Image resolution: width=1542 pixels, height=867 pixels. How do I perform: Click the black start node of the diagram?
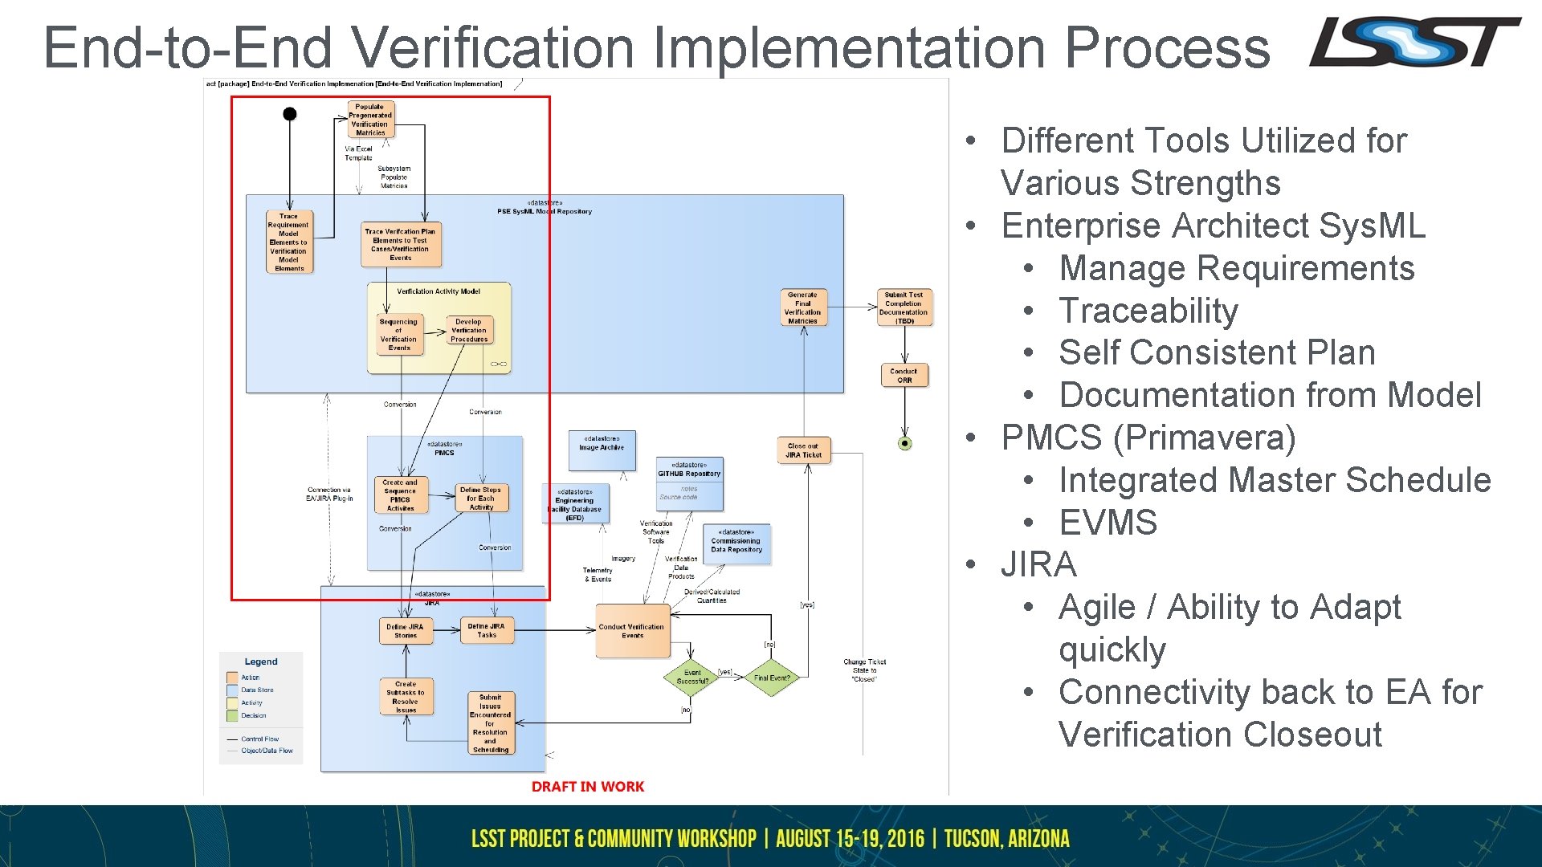[290, 114]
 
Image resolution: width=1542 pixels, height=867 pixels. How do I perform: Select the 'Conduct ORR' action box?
[904, 375]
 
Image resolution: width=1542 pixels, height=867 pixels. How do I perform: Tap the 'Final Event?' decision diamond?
[772, 678]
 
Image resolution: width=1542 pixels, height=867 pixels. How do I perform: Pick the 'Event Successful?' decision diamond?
[692, 678]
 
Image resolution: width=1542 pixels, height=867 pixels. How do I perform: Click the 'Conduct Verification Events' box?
[632, 631]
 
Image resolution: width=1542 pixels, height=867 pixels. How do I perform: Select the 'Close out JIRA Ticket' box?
[803, 450]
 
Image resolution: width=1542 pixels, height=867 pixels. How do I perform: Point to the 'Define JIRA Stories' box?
[406, 631]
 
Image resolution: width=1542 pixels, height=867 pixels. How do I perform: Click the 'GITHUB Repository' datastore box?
[690, 483]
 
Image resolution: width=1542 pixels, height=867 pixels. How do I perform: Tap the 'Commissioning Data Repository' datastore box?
[736, 544]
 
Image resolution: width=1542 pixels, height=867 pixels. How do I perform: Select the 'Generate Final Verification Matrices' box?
[802, 308]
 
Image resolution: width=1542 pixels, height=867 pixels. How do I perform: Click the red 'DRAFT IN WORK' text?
[588, 787]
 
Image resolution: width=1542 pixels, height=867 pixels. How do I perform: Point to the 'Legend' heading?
[261, 661]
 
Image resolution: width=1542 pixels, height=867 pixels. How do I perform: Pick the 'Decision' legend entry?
[254, 715]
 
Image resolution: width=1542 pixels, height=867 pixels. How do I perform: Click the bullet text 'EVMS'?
[1108, 523]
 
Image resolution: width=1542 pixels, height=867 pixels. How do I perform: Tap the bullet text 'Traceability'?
[1148, 311]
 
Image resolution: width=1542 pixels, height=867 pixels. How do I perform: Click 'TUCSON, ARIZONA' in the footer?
[1006, 839]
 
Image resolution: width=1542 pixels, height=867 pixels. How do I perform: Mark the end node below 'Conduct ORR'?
[905, 443]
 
